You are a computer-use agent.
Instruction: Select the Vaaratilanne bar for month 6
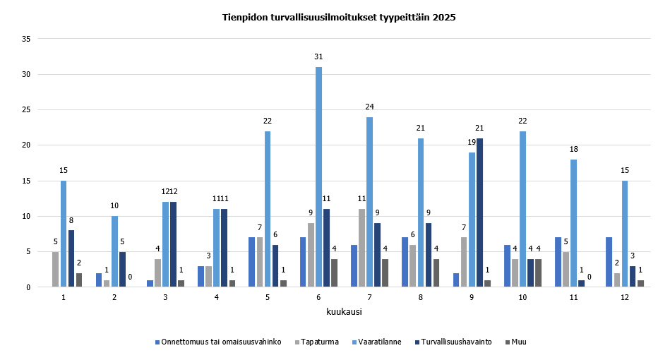(318, 176)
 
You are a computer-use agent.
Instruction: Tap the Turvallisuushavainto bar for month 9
(480, 212)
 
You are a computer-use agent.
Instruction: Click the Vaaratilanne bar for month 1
(64, 234)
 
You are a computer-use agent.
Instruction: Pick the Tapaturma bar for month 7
(361, 248)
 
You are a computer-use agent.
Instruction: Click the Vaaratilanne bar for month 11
(574, 223)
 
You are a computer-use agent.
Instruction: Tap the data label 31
(318, 56)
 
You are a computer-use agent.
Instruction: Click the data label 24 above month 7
(369, 107)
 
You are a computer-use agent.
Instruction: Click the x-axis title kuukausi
(345, 311)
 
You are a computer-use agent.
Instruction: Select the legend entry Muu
(520, 342)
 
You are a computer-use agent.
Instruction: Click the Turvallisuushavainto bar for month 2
(123, 270)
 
